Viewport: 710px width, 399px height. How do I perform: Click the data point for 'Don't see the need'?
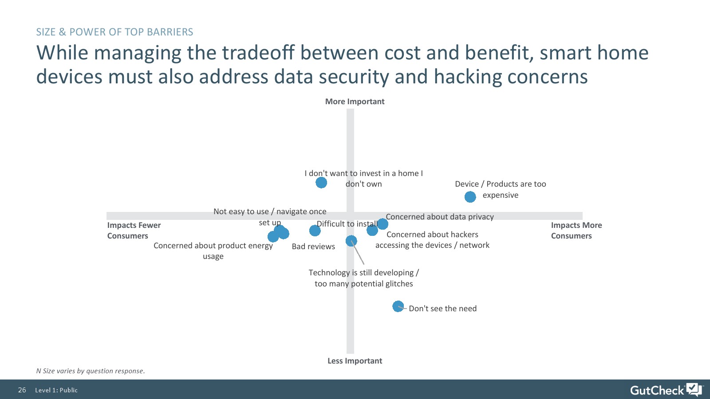point(398,306)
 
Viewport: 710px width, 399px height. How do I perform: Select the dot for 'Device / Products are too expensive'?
point(470,197)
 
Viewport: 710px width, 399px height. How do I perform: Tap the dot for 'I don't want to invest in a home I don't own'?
point(321,183)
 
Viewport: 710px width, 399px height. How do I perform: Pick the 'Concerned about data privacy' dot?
point(383,224)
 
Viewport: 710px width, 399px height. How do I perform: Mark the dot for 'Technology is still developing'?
point(351,241)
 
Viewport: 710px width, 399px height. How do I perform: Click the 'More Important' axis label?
point(355,102)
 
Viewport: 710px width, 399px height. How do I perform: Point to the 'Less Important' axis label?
point(355,361)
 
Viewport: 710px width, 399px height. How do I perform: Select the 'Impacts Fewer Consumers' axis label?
point(134,231)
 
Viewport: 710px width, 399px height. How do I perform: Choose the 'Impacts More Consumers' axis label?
point(576,231)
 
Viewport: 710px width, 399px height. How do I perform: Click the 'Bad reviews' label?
point(313,246)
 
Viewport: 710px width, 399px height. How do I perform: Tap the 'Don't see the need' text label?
point(442,309)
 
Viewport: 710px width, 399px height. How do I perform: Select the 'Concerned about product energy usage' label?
point(213,251)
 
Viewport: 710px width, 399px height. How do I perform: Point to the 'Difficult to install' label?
point(347,224)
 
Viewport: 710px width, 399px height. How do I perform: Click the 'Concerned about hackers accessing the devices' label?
point(432,240)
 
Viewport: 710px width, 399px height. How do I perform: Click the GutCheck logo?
point(666,390)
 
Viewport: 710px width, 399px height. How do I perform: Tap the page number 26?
point(22,390)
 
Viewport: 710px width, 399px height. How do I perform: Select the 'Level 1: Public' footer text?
point(56,390)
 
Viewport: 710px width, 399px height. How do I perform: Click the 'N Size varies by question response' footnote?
point(91,371)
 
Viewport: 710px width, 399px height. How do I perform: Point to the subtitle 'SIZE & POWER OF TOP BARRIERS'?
point(114,32)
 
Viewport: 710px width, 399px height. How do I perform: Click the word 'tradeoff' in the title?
point(258,53)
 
